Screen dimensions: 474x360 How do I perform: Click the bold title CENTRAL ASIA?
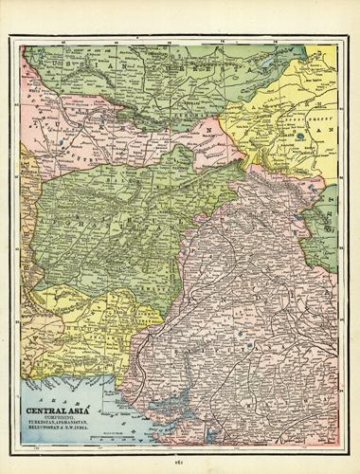(x=60, y=412)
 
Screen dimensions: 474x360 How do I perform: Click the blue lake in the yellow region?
(x=300, y=136)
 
